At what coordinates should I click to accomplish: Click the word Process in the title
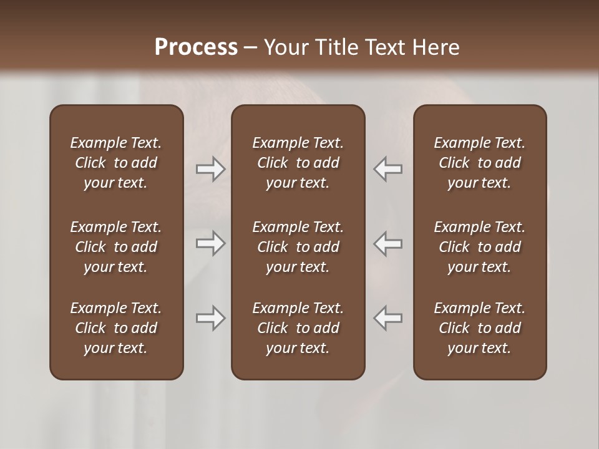point(196,47)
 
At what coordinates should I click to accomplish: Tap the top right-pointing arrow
point(211,169)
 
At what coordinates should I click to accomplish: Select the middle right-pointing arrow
point(211,243)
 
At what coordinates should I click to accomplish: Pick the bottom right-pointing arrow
point(211,319)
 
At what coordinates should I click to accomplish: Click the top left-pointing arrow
point(388,169)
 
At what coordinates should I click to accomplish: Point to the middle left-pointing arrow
point(388,243)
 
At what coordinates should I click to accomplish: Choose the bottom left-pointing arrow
point(388,319)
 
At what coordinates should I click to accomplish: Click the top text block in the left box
point(116,163)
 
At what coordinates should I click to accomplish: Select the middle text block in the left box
point(116,247)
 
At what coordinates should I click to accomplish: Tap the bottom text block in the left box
point(116,328)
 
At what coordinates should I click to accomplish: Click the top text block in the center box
point(298,163)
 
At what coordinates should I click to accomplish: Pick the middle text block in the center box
point(298,247)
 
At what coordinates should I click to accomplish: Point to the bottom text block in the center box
point(298,328)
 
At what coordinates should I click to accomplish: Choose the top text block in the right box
point(480,163)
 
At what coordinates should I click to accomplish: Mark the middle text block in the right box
point(480,247)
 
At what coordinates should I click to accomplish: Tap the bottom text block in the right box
point(480,328)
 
